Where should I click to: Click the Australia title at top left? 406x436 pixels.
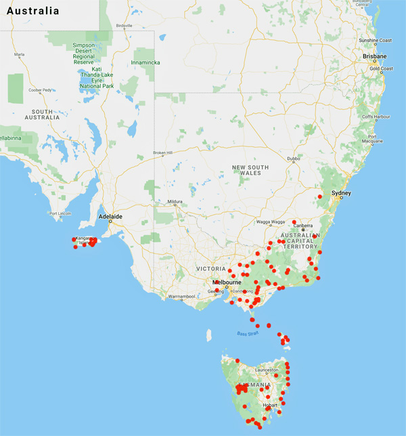pos(30,12)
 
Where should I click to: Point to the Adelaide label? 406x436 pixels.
pos(110,217)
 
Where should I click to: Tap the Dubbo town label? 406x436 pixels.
pos(293,159)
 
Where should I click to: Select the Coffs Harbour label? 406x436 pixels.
pos(381,117)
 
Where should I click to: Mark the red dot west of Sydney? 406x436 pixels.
pos(319,197)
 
